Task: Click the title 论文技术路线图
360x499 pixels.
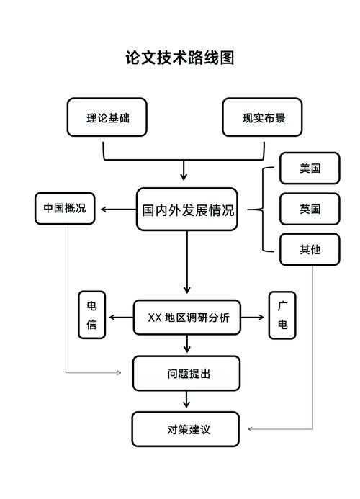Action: tap(180, 58)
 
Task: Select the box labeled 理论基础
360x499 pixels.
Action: tap(107, 117)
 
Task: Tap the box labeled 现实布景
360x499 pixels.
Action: tap(261, 117)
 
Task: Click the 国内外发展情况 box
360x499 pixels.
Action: tap(186, 210)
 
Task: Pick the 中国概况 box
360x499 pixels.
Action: tap(65, 209)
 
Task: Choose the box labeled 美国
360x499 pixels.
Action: tap(310, 169)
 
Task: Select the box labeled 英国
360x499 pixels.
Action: tap(310, 210)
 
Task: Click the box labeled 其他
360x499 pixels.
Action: tap(310, 250)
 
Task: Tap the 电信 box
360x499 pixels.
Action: tap(92, 315)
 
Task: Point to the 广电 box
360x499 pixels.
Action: tap(282, 315)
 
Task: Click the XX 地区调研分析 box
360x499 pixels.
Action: tap(186, 318)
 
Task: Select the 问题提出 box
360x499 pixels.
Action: tap(186, 374)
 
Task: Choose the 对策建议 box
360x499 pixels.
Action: tap(186, 429)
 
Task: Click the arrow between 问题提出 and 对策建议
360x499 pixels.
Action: tap(186, 400)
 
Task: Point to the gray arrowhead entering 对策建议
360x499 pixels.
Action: tap(251, 429)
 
